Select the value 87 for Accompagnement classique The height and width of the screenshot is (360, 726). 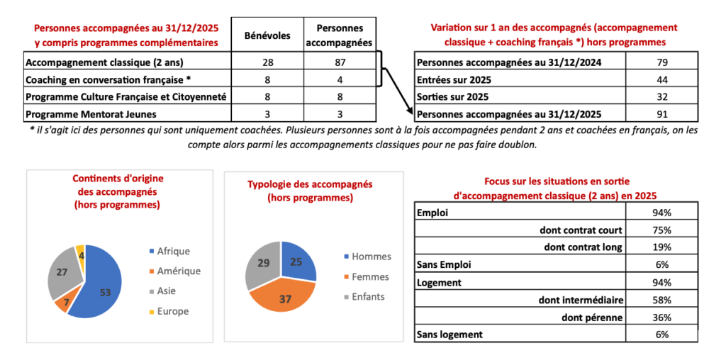pos(340,62)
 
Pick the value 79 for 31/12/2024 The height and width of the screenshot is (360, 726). pos(662,62)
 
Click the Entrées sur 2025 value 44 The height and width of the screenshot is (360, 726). pos(662,79)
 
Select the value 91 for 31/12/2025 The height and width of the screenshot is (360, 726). pos(662,113)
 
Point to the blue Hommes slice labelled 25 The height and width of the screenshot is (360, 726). pos(298,263)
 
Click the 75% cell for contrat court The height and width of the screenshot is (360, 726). pos(662,230)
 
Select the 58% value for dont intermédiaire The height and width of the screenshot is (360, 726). pos(662,299)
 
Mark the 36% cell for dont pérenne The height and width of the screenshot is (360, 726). pos(662,317)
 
